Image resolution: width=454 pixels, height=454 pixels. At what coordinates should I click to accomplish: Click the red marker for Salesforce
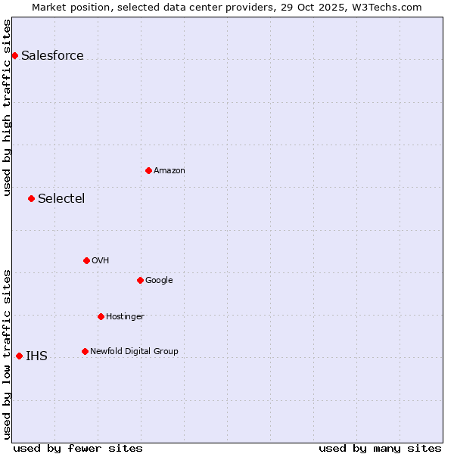coord(14,55)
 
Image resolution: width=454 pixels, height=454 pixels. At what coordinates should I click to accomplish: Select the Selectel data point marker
coord(31,198)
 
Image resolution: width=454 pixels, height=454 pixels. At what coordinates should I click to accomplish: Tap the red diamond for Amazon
coord(148,170)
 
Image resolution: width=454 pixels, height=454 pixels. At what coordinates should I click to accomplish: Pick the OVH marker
coord(86,260)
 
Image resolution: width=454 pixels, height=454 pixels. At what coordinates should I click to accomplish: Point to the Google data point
coord(140,280)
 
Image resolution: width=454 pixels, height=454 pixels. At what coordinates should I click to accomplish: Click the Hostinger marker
coord(101,316)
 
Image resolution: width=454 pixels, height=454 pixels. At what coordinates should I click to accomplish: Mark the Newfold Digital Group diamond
coord(85,351)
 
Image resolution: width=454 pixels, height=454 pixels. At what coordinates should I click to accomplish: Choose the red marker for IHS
coord(19,356)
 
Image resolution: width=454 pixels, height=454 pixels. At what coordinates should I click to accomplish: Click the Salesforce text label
coord(52,55)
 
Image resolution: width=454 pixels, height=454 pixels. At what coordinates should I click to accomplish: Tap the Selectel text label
coord(61,198)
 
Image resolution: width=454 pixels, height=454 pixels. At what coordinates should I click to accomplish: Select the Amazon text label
coord(169,170)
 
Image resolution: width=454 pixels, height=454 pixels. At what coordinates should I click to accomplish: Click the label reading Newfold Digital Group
coord(134,351)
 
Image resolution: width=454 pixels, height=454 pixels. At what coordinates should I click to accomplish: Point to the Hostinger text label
coord(125,316)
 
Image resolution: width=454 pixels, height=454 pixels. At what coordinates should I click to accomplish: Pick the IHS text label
coord(36,356)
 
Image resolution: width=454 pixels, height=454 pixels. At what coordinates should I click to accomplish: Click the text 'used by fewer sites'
coord(78,448)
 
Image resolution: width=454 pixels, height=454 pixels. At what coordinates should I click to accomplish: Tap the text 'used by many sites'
coord(380,448)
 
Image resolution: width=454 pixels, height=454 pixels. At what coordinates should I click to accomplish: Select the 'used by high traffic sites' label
coord(7,107)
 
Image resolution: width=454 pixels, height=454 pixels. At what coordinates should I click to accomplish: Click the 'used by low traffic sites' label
coord(7,354)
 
